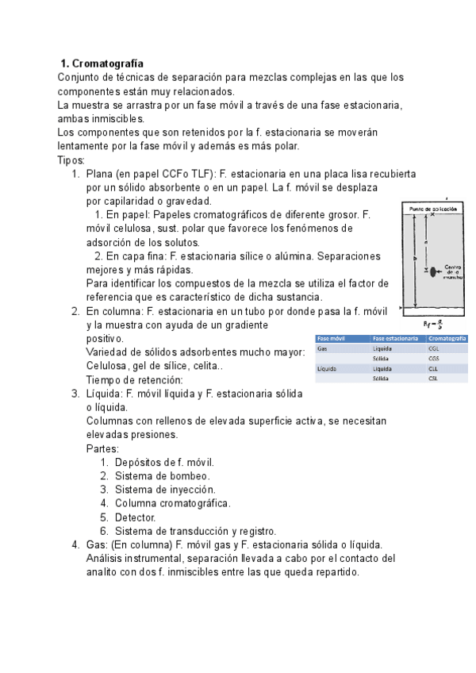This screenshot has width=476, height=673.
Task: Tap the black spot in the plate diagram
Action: pyautogui.click(x=432, y=271)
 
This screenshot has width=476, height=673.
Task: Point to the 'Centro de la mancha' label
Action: pyautogui.click(x=453, y=271)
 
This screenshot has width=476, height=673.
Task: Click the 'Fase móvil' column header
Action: pyautogui.click(x=331, y=338)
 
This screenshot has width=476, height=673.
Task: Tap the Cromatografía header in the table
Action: pyautogui.click(x=447, y=338)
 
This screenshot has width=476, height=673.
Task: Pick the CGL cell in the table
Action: pyautogui.click(x=434, y=348)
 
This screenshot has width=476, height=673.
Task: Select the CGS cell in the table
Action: pyautogui.click(x=434, y=359)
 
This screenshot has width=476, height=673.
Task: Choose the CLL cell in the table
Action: pyautogui.click(x=433, y=369)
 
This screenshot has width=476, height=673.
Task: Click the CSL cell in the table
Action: pyautogui.click(x=433, y=379)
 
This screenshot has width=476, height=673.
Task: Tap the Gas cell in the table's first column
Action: pyautogui.click(x=322, y=348)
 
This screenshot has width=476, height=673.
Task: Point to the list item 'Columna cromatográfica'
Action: pyautogui.click(x=172, y=503)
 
